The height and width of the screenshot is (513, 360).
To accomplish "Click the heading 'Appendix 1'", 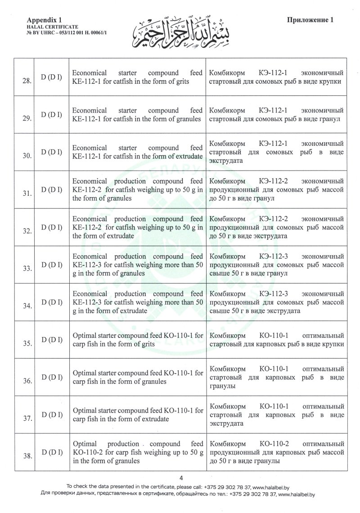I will (44, 20).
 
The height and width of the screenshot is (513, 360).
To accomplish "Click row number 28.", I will (27, 81).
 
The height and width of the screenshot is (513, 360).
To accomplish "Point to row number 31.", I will (27, 193).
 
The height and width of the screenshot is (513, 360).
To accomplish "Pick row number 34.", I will (27, 306).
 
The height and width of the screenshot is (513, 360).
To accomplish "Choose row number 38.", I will (27, 456).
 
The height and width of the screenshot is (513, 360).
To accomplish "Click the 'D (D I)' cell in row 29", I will (52, 114).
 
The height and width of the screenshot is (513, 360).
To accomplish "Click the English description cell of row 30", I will (137, 152).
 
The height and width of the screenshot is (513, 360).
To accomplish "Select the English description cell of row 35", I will (137, 339).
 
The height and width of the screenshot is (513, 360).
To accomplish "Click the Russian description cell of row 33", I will (277, 264).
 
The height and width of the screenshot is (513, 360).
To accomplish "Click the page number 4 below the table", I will (180, 478).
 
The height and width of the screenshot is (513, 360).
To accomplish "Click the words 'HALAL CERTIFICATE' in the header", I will (47, 27).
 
